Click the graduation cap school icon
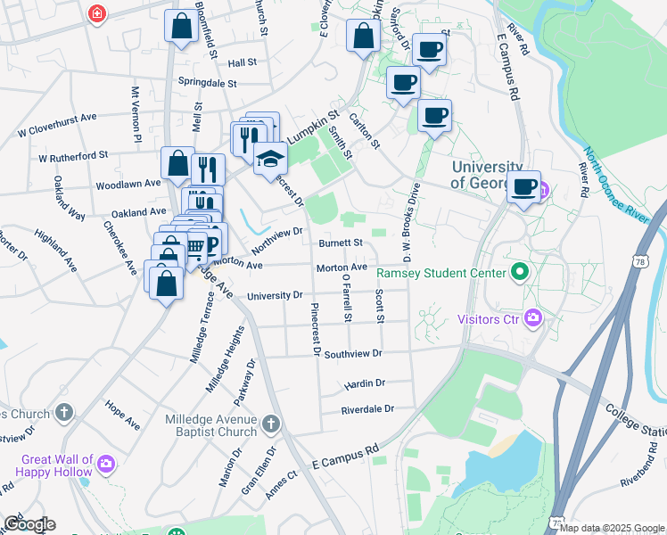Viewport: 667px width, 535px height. tap(270, 159)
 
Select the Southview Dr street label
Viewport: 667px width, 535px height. tap(353, 354)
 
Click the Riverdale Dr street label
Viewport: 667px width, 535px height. tap(367, 409)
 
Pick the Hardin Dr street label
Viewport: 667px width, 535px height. tap(364, 383)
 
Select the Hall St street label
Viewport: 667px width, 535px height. tap(242, 63)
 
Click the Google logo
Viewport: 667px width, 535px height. tap(29, 524)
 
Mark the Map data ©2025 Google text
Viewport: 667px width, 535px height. tap(613, 528)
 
